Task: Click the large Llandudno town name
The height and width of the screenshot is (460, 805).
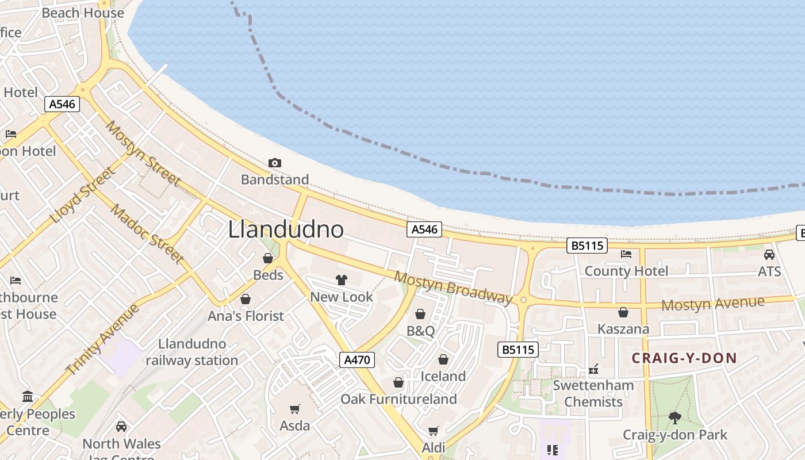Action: coord(286,229)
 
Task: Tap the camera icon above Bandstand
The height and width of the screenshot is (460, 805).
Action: coord(275,163)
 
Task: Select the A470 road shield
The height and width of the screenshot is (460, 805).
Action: coord(357,360)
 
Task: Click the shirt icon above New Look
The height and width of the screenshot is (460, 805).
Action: coord(342,280)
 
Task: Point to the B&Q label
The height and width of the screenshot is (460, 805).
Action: coord(420,331)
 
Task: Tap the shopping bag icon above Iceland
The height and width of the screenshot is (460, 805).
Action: coord(443,359)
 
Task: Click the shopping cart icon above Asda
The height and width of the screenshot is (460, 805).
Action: coord(295,409)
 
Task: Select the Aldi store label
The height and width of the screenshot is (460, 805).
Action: coord(434,447)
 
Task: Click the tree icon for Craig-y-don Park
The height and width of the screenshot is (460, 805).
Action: coord(675,418)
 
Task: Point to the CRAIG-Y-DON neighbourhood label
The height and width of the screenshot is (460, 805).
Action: coord(684,358)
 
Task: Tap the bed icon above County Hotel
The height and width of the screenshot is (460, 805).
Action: coord(626,254)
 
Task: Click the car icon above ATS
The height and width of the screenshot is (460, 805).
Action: coord(769,254)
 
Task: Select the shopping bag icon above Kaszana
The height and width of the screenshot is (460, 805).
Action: coord(623,312)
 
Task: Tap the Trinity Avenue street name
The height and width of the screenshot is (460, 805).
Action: coord(103,339)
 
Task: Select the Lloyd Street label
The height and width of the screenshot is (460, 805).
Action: coord(82,195)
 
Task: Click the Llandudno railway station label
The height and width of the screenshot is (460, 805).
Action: coord(191,352)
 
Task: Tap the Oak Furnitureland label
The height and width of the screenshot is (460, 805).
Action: coord(398,399)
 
